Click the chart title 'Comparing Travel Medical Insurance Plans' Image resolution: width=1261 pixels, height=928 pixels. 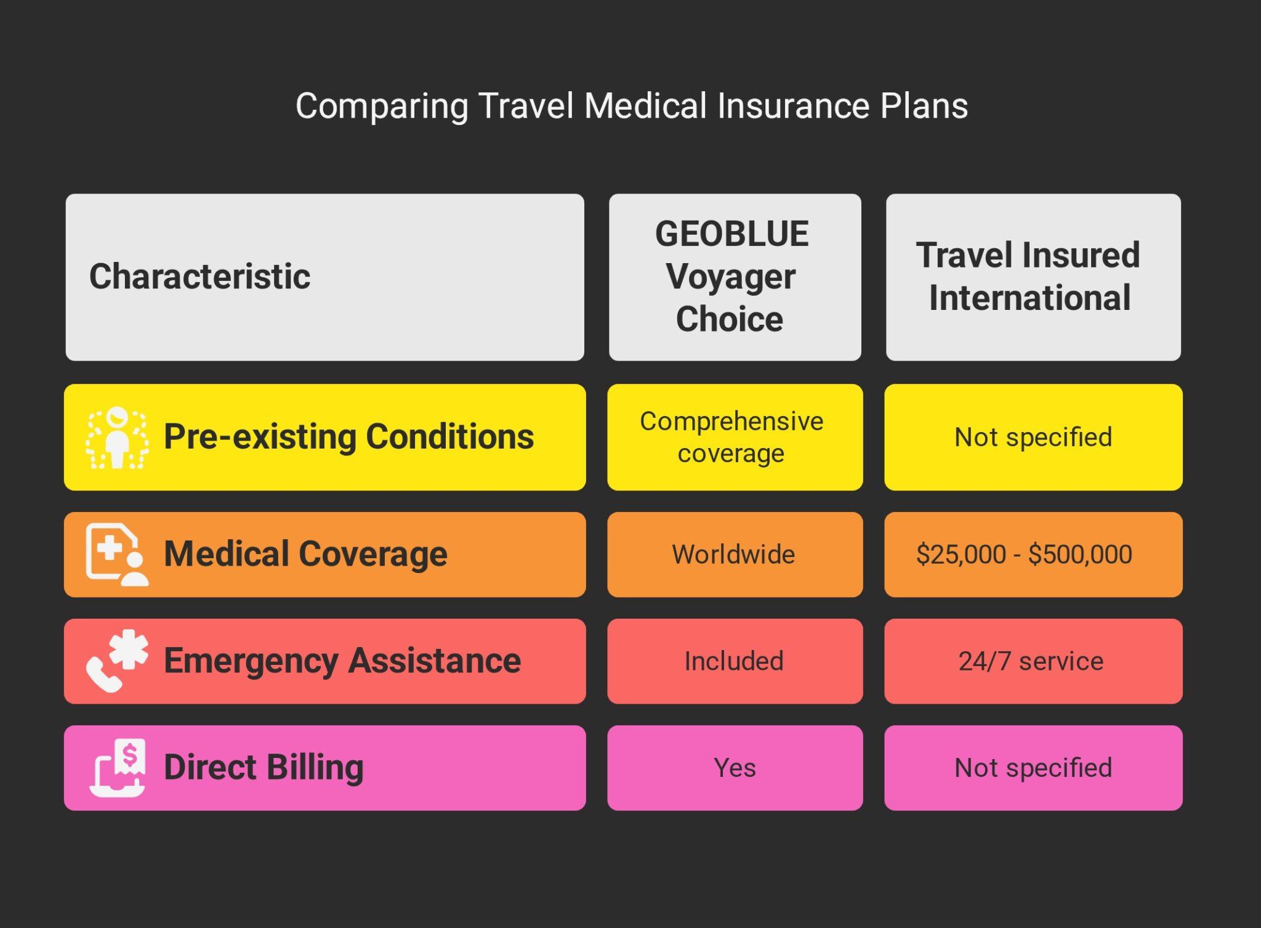631,106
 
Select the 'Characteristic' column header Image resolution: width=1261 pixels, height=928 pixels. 200,276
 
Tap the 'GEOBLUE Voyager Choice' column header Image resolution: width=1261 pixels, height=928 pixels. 731,277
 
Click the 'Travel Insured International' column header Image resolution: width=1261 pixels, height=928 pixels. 1029,277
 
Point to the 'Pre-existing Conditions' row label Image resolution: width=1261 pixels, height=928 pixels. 348,437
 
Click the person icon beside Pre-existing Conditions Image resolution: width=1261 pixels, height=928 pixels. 117,438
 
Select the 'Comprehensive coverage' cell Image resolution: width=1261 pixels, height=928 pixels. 731,437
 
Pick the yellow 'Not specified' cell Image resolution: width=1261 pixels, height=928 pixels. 1033,437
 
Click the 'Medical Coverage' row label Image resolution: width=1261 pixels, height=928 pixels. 305,553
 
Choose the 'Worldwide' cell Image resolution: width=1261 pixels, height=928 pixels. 733,554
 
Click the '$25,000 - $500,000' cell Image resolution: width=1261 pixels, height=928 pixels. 1024,554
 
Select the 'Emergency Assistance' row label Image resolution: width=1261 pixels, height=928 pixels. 342,661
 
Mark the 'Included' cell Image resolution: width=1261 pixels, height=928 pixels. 734,661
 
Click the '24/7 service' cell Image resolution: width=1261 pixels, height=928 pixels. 1031,661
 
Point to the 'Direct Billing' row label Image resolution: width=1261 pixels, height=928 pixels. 264,767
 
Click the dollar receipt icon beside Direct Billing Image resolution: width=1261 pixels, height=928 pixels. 118,768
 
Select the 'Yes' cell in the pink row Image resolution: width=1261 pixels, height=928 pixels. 735,768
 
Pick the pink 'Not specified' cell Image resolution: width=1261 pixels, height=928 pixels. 1033,768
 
